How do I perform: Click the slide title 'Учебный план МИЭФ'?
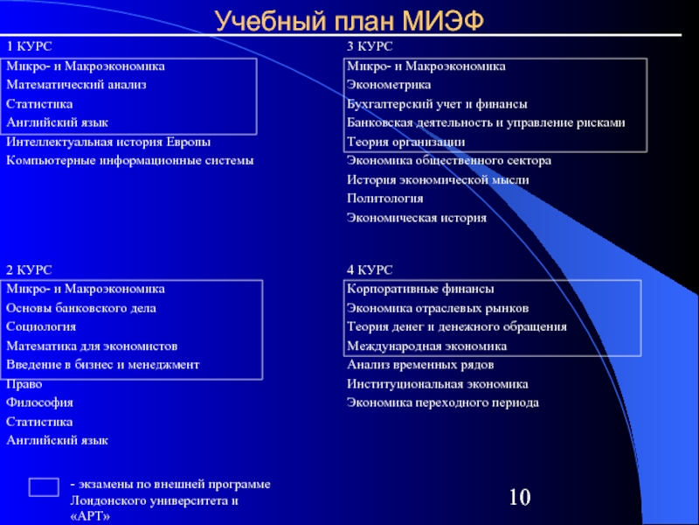tap(349, 20)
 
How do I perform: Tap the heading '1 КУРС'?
tap(30, 46)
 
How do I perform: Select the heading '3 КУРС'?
tap(370, 46)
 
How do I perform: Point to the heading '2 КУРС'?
tap(30, 269)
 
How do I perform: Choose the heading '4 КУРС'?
tap(370, 269)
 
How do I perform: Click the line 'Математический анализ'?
tap(76, 85)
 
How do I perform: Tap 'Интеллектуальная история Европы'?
tap(108, 142)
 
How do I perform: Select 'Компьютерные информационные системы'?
tap(129, 161)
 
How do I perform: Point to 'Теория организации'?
tap(405, 142)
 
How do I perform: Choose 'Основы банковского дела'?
tap(81, 308)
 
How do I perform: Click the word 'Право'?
tap(24, 384)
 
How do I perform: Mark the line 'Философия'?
tap(39, 403)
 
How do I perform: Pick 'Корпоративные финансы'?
tap(420, 289)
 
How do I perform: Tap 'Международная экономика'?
tap(426, 346)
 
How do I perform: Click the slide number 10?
tap(519, 499)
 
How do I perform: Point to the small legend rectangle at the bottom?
tap(44, 486)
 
